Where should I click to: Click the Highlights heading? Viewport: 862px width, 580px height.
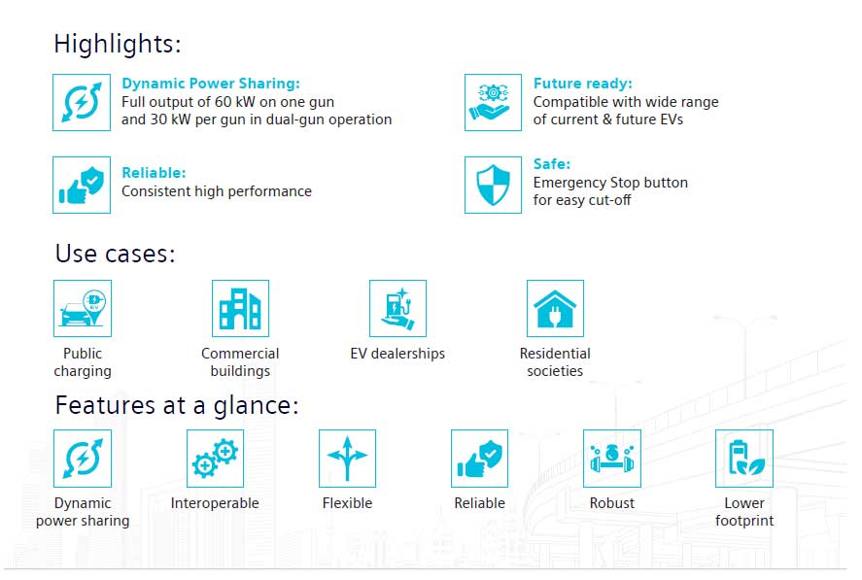coord(117,44)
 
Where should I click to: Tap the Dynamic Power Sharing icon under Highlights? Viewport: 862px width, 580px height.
coord(82,102)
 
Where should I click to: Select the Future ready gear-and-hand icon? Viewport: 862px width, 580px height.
coord(493,102)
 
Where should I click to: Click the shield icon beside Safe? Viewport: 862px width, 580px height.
coord(493,185)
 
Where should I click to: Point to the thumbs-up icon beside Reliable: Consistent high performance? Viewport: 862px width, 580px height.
coord(82,185)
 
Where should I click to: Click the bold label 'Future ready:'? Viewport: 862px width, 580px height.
coord(583,84)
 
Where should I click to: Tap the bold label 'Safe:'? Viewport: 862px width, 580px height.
coord(552,164)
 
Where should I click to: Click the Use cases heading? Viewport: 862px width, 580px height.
coord(115,254)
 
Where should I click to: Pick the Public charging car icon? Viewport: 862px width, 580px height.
coord(83,308)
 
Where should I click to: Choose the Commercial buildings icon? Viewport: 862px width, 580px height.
coord(240,308)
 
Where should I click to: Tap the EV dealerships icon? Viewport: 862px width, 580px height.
coord(398,308)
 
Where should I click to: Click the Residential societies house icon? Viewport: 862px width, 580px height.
coord(555,308)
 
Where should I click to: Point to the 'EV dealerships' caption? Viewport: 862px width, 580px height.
coord(397,354)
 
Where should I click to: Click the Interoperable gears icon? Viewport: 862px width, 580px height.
coord(215,459)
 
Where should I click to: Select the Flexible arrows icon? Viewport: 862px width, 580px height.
coord(348,459)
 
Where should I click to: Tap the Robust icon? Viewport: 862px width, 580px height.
coord(612,459)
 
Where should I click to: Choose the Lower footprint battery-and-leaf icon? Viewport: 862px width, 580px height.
coord(744,459)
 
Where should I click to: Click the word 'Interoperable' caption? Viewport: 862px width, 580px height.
coord(215,503)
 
